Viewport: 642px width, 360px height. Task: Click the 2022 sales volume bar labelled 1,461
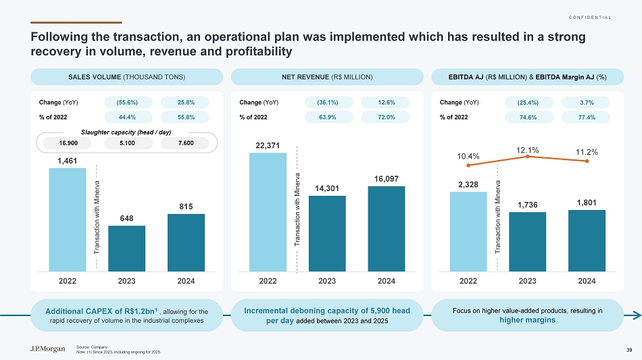(x=67, y=220)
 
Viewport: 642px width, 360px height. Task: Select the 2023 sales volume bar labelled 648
(x=126, y=248)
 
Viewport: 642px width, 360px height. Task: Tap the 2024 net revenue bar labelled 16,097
(x=386, y=228)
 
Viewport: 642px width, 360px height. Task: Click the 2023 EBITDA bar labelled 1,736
(x=527, y=241)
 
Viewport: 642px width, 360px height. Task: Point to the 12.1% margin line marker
(x=527, y=157)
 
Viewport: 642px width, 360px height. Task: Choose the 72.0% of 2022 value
(x=387, y=117)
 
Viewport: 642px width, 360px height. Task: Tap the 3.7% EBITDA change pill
(x=587, y=103)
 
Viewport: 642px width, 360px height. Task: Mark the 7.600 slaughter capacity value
(x=185, y=143)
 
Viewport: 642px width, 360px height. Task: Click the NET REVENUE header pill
(x=327, y=77)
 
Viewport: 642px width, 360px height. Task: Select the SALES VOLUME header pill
(x=127, y=77)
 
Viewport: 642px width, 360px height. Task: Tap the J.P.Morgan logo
(x=43, y=349)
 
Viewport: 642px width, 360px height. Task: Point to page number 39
(x=628, y=349)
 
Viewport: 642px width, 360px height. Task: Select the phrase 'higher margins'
(x=528, y=320)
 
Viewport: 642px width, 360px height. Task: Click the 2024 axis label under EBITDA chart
(x=587, y=280)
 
